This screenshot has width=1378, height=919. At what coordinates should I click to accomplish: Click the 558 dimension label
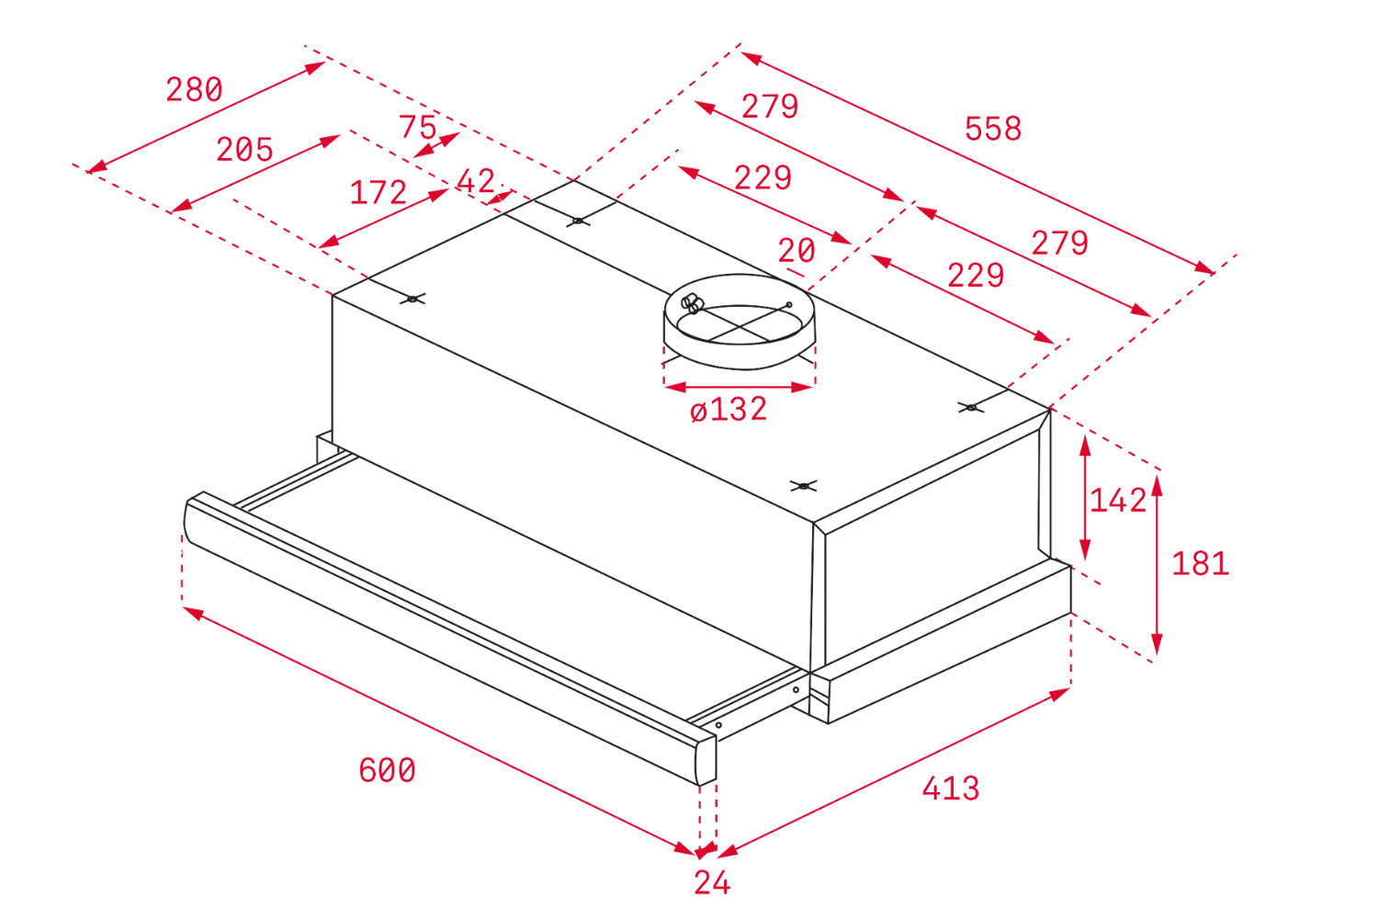(x=992, y=129)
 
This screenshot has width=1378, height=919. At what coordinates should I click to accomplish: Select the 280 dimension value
(x=194, y=90)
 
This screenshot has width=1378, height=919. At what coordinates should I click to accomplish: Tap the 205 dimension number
(x=244, y=149)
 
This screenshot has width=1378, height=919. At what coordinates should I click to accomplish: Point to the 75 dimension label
(x=417, y=126)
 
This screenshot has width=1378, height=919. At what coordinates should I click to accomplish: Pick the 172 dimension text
(x=378, y=193)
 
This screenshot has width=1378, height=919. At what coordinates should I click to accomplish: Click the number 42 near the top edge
(x=476, y=181)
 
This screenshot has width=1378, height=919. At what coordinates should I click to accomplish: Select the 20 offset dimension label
(x=796, y=251)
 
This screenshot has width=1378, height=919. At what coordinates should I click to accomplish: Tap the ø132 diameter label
(x=729, y=410)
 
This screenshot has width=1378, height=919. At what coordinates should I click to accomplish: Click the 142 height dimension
(x=1118, y=501)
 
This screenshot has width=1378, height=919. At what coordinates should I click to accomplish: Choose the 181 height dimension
(x=1200, y=563)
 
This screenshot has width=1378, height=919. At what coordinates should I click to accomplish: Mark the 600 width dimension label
(x=387, y=770)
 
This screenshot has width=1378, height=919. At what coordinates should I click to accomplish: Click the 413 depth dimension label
(x=951, y=789)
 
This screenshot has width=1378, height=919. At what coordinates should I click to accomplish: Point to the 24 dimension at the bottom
(x=712, y=883)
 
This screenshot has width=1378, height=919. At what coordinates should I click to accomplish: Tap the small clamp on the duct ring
(x=692, y=303)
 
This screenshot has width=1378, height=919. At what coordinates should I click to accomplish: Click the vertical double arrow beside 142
(x=1086, y=496)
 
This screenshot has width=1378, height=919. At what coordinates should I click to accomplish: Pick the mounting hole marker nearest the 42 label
(x=577, y=221)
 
